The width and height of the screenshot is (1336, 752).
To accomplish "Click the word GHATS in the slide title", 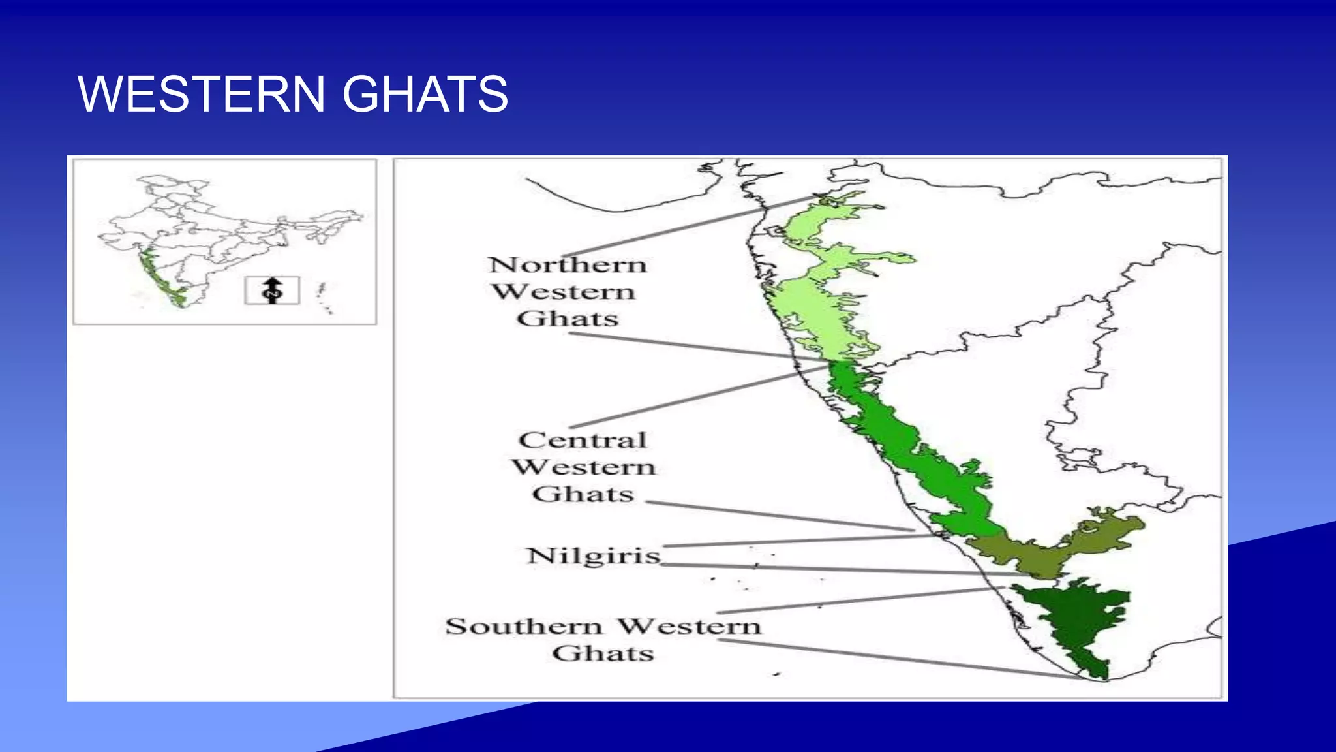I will (x=425, y=94).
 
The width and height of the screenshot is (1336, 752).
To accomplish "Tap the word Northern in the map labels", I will (x=568, y=265).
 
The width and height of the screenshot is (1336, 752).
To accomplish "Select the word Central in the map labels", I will (x=583, y=440).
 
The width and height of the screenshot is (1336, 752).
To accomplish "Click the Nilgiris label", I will (x=594, y=556).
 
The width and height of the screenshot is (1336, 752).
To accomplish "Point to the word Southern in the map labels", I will (x=524, y=627).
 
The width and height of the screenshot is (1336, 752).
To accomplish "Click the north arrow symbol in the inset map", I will (x=272, y=290).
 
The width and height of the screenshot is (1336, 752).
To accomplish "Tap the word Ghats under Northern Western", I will (x=568, y=319).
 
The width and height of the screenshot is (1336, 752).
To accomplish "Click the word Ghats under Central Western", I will (x=583, y=494).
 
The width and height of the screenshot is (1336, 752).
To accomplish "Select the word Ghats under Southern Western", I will (x=603, y=653).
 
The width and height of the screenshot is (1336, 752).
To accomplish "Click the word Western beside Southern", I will (x=689, y=627).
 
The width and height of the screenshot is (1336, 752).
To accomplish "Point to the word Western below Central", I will (x=583, y=467).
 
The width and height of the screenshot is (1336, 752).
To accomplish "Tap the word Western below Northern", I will (x=563, y=292).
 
